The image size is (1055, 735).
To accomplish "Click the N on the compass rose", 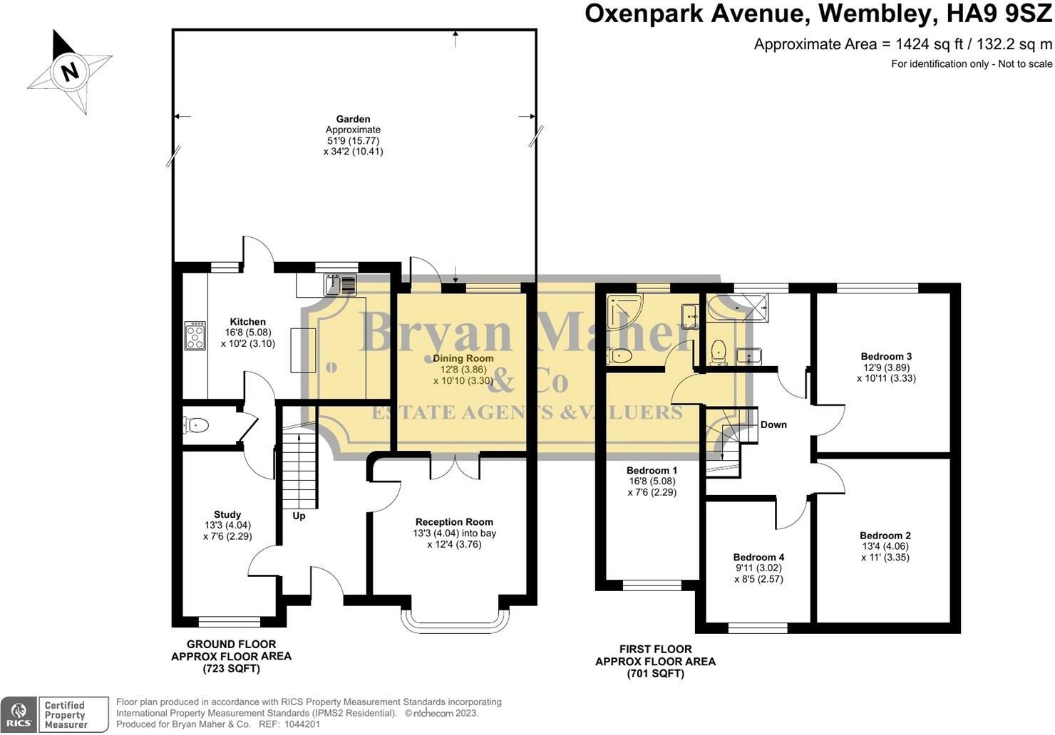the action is [70, 72].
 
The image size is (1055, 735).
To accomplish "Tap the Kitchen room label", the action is [248, 322].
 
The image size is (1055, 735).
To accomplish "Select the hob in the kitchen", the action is [195, 336].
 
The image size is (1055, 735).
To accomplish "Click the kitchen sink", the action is [340, 285].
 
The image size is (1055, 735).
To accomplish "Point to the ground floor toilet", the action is [195, 425].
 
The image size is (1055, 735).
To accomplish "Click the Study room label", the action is [227, 515].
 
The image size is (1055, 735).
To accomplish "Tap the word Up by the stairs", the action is [299, 516].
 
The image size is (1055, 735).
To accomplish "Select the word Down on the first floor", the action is [773, 425].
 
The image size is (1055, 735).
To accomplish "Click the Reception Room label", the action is [454, 522].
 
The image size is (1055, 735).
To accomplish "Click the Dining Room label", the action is [463, 358].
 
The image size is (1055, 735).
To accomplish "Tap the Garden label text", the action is [354, 119].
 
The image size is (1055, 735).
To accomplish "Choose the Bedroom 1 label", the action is [652, 471].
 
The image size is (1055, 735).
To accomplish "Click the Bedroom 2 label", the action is [885, 536].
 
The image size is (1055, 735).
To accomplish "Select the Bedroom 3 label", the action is [886, 357].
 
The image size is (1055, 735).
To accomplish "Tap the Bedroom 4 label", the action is [758, 558].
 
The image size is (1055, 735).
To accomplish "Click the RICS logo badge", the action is [18, 715].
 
